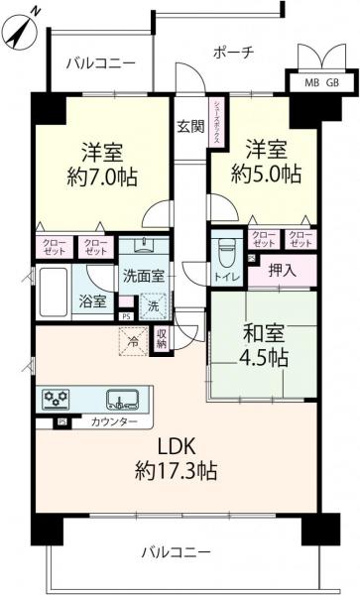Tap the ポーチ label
[234, 52]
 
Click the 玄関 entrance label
[190, 126]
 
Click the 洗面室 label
[144, 275]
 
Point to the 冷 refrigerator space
[134, 340]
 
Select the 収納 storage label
[162, 339]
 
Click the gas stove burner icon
[56, 399]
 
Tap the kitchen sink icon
[123, 399]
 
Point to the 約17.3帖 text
[180, 471]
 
